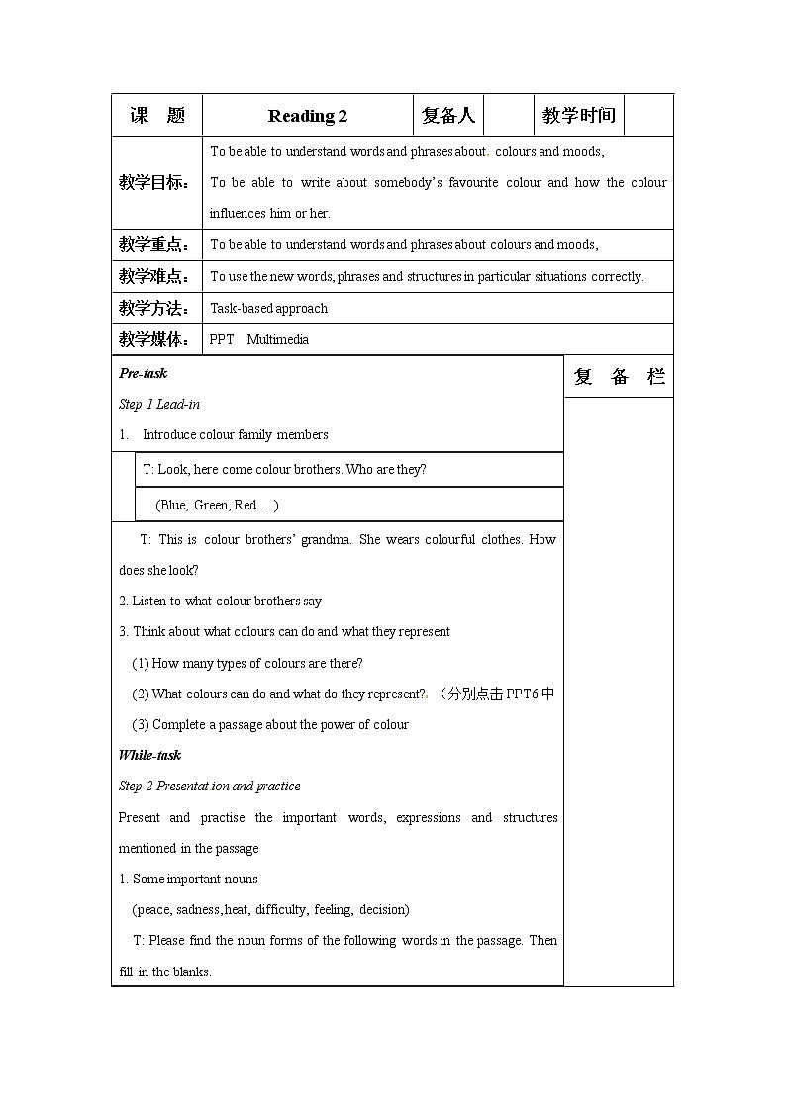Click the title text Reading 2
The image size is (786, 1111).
coord(307,116)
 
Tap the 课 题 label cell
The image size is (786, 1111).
coord(157,116)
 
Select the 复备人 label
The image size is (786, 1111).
coord(448,116)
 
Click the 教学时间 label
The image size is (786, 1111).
coord(579,116)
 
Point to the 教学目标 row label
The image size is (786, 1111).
coord(154,183)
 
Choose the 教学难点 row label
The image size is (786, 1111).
coord(154,276)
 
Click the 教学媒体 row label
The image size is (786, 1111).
coord(154,339)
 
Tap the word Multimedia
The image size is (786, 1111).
coord(277,339)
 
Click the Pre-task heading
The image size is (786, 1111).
coord(143,373)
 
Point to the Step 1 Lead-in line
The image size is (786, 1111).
coord(159,404)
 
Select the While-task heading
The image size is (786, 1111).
coord(149,755)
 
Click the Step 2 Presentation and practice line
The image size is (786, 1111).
coord(209,786)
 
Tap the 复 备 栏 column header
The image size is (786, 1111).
coord(619,377)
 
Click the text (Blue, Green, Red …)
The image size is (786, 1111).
coord(217,505)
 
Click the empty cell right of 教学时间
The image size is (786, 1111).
coord(649,116)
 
